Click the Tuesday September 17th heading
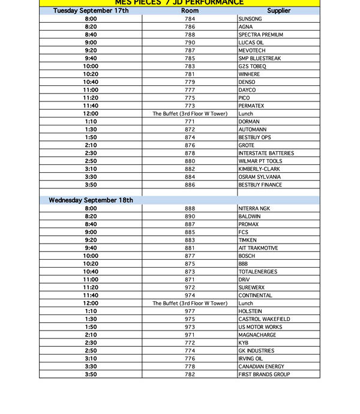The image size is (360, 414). point(91,11)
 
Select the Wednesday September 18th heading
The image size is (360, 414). point(91,200)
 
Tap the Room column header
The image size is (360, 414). point(190,11)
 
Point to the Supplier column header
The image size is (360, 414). point(278,11)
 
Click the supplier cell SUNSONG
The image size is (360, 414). point(250,19)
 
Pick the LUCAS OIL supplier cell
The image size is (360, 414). point(251,43)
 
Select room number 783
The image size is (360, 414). point(190,67)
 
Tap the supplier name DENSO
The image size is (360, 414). point(247,82)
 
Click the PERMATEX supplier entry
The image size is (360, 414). point(251,106)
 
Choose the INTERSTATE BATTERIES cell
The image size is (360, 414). point(266,153)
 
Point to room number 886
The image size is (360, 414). point(190,185)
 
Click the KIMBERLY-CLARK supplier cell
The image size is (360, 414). point(259,169)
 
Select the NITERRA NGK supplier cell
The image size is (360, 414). point(254,208)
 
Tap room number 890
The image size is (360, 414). point(190,217)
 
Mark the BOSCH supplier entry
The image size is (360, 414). point(247,256)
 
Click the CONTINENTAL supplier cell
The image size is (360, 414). point(255,295)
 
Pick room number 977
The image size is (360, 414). point(190,311)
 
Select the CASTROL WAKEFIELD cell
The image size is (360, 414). point(264,319)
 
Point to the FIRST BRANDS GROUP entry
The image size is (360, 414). point(264,374)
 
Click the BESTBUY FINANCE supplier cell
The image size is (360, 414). point(260,185)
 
